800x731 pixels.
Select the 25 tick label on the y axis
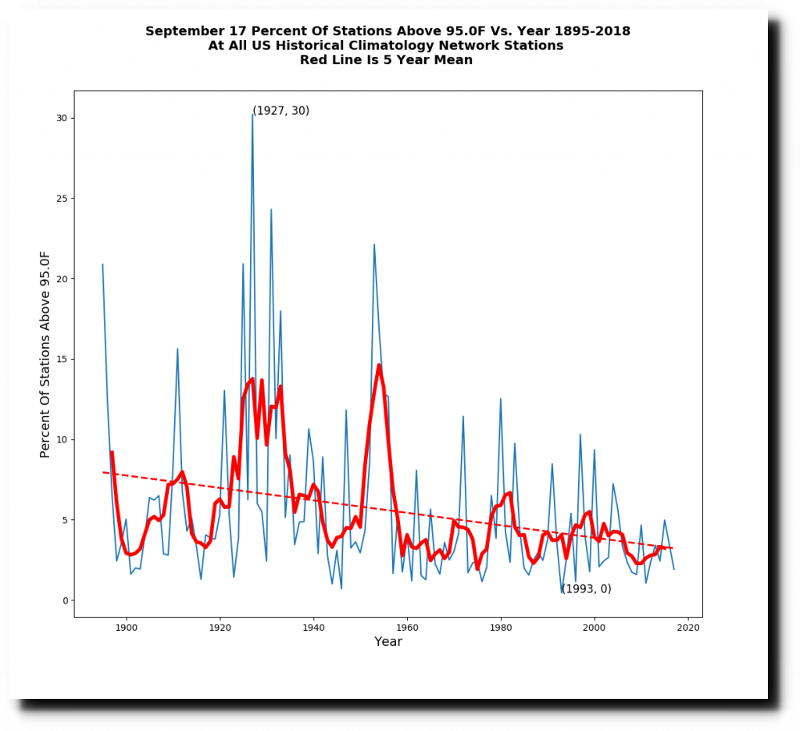[x=60, y=199]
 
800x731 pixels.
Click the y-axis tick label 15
[x=60, y=360]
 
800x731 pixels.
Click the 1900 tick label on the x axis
[x=126, y=627]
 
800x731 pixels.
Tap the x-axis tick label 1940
[x=313, y=627]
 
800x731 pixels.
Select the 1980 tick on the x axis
[x=501, y=618]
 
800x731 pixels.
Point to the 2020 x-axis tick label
[x=688, y=627]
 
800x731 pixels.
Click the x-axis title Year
[x=388, y=642]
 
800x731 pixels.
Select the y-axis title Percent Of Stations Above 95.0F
[x=45, y=354]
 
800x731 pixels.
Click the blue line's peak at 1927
[x=252, y=114]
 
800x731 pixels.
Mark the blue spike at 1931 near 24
[x=271, y=210]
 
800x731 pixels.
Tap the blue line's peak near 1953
[x=374, y=244]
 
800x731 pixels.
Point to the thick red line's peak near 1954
[x=379, y=364]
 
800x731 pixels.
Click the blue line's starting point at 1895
[x=102, y=264]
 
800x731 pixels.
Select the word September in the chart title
[x=183, y=31]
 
